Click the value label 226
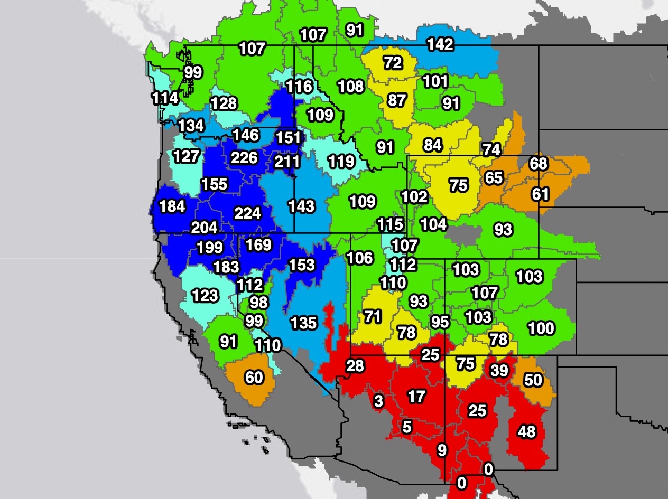(244, 157)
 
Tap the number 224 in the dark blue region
(247, 213)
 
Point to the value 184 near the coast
(172, 206)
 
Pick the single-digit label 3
(378, 401)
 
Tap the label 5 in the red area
(406, 427)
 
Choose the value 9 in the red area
(442, 450)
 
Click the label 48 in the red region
(527, 432)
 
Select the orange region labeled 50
(533, 380)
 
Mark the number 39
(499, 371)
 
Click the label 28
(355, 365)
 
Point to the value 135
(303, 322)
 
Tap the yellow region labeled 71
(373, 317)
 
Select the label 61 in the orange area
(541, 194)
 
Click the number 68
(539, 163)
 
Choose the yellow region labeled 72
(393, 63)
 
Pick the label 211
(287, 161)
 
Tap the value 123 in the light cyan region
(205, 295)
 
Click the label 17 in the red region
(416, 396)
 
